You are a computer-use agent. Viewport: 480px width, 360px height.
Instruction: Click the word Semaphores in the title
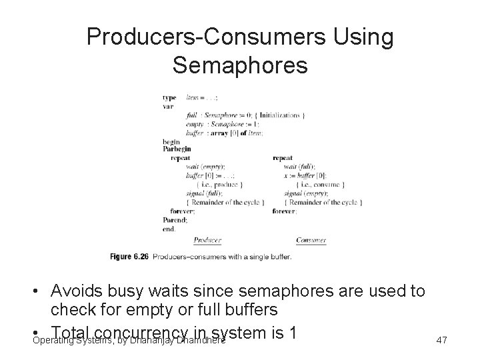click(240, 65)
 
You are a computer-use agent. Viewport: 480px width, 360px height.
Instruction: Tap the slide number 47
click(441, 341)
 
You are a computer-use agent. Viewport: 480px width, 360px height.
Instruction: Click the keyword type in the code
click(169, 98)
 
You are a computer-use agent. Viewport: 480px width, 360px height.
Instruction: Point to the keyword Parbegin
click(175, 149)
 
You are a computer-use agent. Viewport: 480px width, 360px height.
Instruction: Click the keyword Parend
click(175, 219)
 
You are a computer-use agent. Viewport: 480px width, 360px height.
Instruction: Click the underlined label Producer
click(207, 240)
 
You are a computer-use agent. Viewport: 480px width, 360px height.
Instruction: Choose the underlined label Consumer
click(311, 240)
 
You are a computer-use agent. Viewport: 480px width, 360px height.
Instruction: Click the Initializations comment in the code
click(282, 115)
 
